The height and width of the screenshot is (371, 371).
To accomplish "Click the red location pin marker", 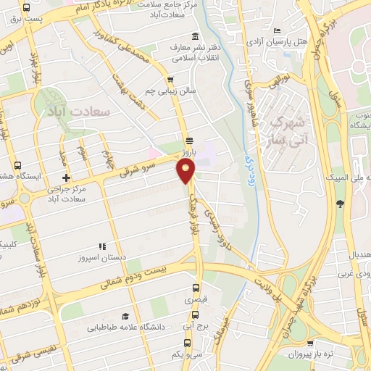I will pos(185,171).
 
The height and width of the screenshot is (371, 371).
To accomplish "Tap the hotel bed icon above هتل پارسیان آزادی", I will pos(278,30).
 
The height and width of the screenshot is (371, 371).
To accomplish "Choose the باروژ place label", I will pos(189,154).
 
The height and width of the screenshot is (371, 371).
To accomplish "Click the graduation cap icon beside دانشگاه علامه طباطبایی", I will pos(126,316).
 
